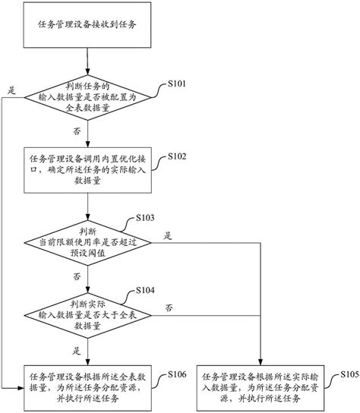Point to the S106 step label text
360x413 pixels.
point(176,374)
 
